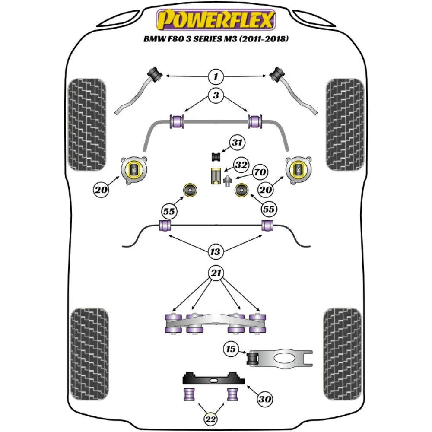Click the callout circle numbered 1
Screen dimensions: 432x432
pos(216,77)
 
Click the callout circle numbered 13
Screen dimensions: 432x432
pos(216,251)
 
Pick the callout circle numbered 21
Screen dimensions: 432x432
pos(216,273)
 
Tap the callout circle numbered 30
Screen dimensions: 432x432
pos(265,399)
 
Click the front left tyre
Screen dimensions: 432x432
pos(87,124)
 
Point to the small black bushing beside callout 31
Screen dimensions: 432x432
pos(216,156)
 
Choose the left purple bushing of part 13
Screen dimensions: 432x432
pos(165,225)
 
